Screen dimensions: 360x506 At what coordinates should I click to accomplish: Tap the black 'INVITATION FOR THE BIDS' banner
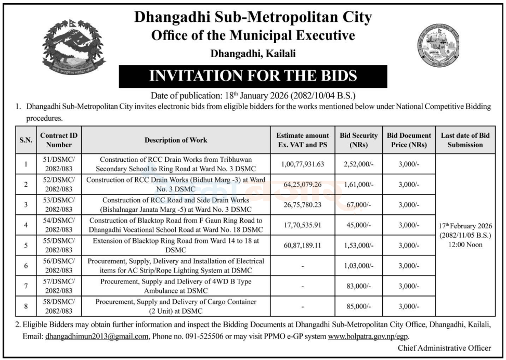(x=253, y=76)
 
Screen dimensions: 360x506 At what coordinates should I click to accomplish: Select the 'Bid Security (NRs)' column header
(x=359, y=140)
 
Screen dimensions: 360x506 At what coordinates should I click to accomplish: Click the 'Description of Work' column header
(x=176, y=140)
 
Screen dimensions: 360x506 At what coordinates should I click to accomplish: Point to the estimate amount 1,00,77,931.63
(x=303, y=164)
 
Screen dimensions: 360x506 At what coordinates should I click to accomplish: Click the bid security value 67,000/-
(x=359, y=205)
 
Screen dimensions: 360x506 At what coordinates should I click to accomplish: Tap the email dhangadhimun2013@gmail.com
(x=97, y=337)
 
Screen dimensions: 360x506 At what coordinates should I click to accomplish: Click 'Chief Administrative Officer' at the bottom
(x=445, y=348)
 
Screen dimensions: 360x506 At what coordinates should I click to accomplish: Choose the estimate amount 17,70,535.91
(x=303, y=225)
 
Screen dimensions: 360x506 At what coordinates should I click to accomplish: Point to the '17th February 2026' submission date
(x=465, y=226)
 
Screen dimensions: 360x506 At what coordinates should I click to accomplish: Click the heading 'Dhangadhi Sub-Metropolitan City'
(x=253, y=17)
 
